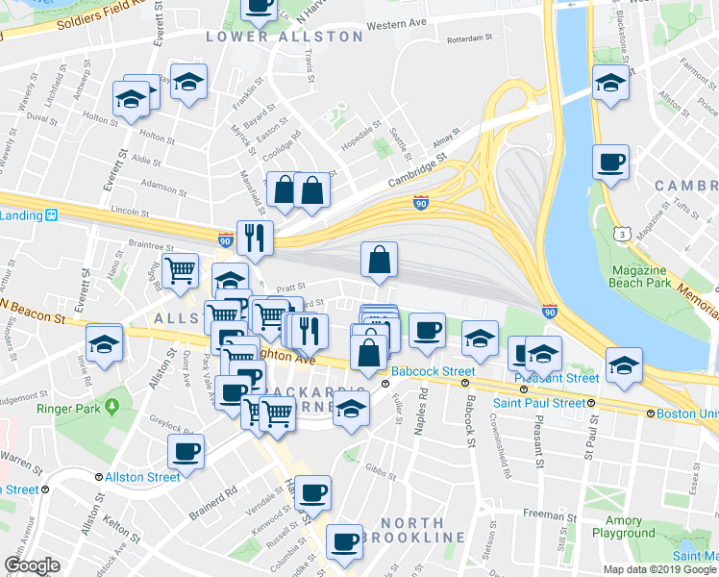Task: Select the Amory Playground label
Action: click(x=623, y=527)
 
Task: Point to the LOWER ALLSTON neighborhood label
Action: click(x=285, y=37)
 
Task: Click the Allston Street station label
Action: click(x=142, y=477)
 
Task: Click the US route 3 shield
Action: click(x=626, y=234)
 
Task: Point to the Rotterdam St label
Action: click(x=469, y=39)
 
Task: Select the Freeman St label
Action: click(x=543, y=515)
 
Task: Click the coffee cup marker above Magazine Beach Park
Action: click(x=609, y=162)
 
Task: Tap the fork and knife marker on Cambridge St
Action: click(x=255, y=238)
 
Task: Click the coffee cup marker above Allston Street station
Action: click(x=186, y=450)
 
